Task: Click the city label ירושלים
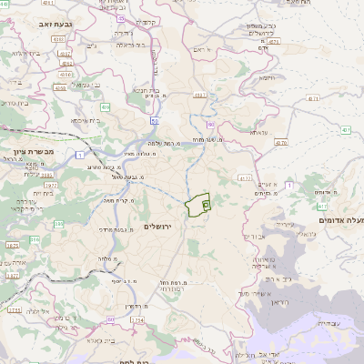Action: pyautogui.click(x=165, y=226)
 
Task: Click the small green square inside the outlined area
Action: pyautogui.click(x=206, y=206)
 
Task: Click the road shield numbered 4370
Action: pyautogui.click(x=279, y=142)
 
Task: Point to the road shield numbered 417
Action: pyautogui.click(x=312, y=98)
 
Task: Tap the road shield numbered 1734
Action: pyautogui.click(x=136, y=320)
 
